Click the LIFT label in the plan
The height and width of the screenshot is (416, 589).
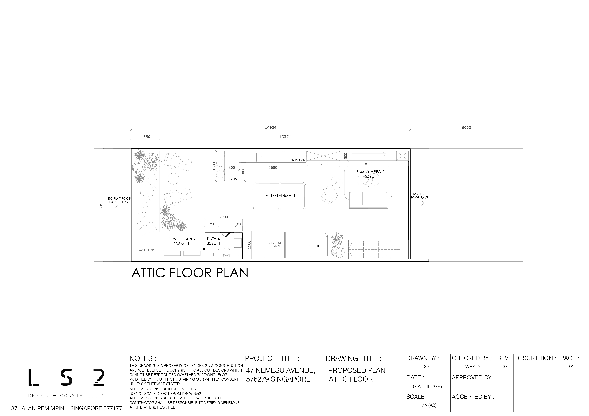318,246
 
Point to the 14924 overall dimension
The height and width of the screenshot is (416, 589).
271,127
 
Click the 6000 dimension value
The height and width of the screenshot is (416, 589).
466,127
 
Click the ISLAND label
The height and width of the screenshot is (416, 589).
232,179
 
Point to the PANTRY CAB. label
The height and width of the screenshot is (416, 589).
297,160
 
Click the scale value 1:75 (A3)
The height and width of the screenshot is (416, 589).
427,405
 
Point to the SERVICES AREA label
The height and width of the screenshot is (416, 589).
181,239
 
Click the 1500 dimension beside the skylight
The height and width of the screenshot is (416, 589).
249,245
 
